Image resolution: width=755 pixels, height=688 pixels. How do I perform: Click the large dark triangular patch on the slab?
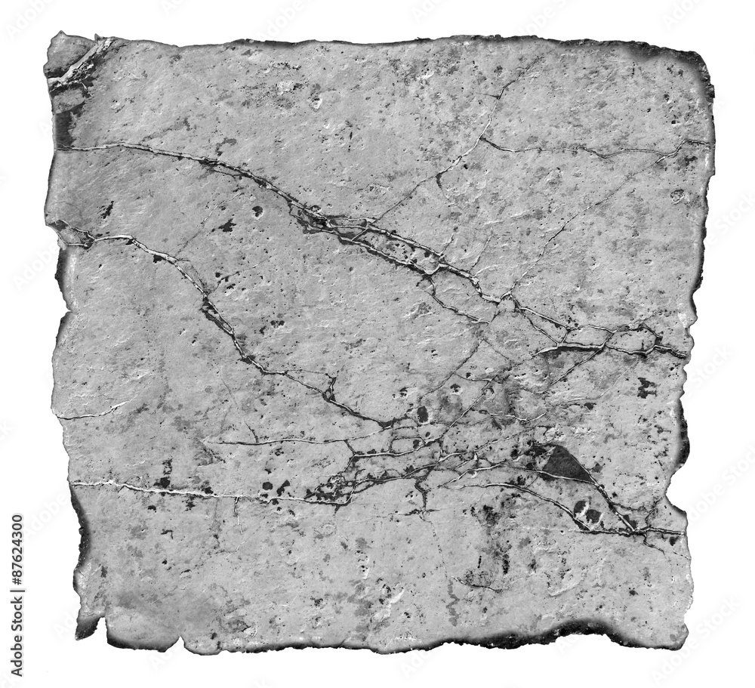point(565,463)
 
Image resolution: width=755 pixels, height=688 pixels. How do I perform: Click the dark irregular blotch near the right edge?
point(646,387)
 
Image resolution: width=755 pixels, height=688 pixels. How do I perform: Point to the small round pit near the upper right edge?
point(677,196)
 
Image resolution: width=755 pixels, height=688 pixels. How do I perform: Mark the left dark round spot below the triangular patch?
point(579,507)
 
